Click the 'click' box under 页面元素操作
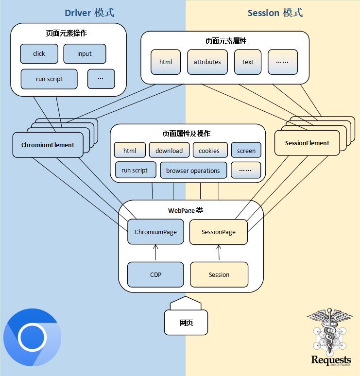(39, 54)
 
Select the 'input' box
(85, 54)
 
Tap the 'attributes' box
(207, 62)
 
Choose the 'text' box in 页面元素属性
(248, 62)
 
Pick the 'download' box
(169, 151)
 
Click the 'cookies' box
(209, 151)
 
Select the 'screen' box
(246, 151)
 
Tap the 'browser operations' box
(193, 171)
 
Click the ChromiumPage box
(155, 232)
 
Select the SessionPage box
(219, 232)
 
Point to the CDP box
(155, 274)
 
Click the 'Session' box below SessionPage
(219, 274)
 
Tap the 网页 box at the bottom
(186, 323)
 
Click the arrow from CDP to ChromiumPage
(155, 253)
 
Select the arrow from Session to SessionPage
(219, 253)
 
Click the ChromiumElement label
(48, 145)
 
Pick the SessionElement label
(307, 143)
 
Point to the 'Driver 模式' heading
(90, 13)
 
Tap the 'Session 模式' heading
(275, 13)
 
